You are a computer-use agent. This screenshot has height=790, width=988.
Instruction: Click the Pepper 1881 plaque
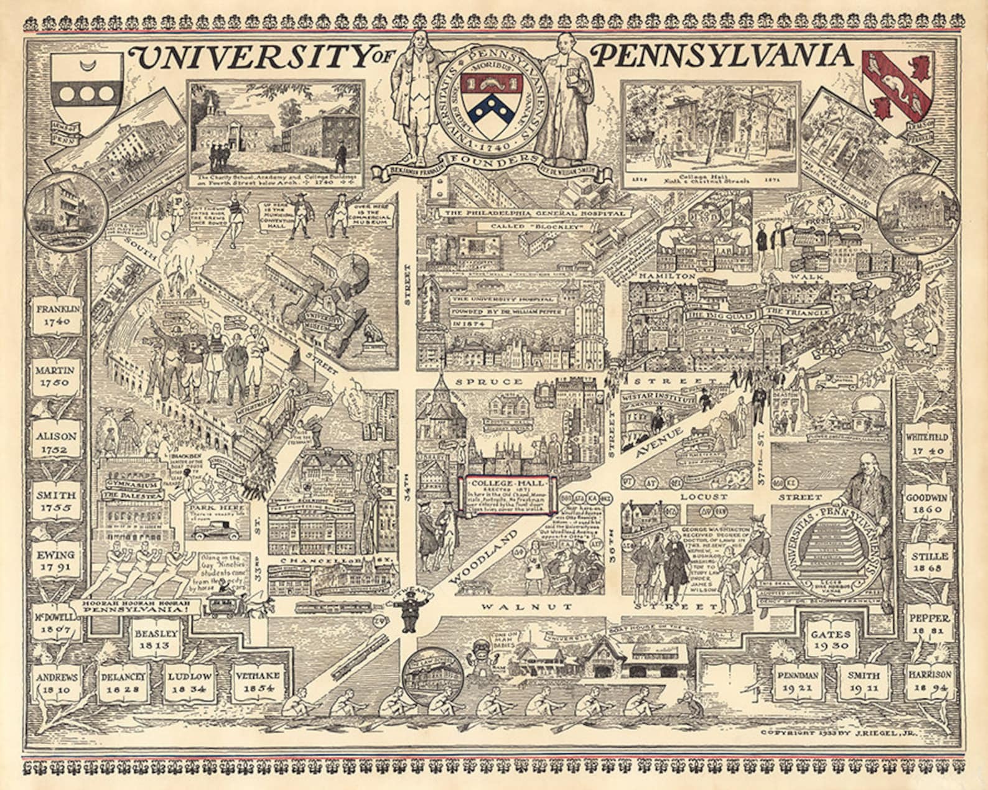coord(929,625)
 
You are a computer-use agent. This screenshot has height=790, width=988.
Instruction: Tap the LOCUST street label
coord(704,497)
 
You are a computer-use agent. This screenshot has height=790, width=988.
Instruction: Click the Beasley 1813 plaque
coord(156,639)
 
